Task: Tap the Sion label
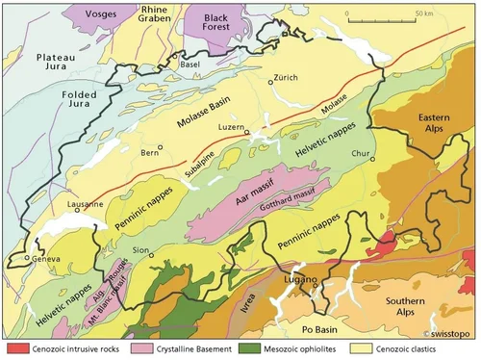(x=141, y=249)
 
